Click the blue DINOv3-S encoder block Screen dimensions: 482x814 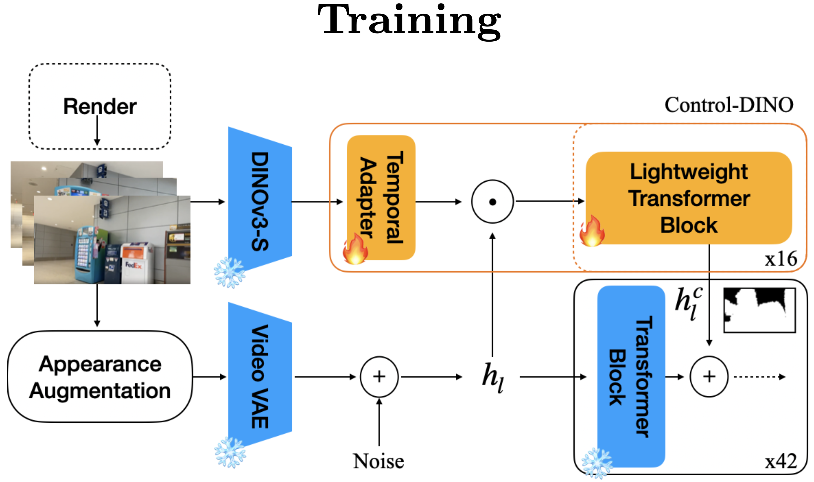260,201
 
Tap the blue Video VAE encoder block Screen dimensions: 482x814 260,376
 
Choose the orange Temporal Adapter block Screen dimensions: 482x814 381,198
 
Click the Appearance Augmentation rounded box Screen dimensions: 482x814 100,377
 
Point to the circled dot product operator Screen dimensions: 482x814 492,201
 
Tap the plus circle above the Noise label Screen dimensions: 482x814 379,376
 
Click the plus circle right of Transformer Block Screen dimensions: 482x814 709,376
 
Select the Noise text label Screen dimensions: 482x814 378,461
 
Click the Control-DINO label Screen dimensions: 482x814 729,105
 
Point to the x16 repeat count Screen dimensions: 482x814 780,259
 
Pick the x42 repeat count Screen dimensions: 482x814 780,462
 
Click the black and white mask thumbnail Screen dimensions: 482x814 759,310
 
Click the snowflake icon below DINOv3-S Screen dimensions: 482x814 230,272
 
